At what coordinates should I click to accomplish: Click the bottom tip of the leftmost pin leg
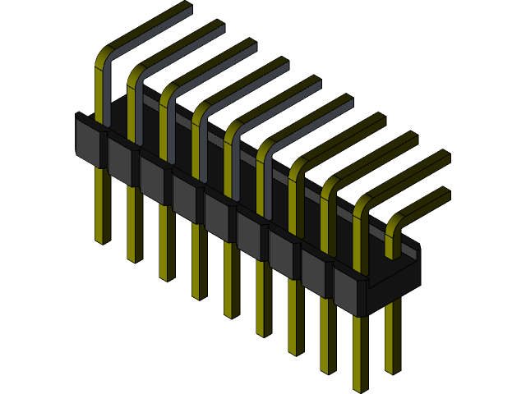(102, 240)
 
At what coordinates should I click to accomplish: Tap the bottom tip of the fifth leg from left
(231, 314)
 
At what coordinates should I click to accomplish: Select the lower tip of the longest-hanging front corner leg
(360, 387)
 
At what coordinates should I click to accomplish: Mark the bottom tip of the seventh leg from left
(295, 351)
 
